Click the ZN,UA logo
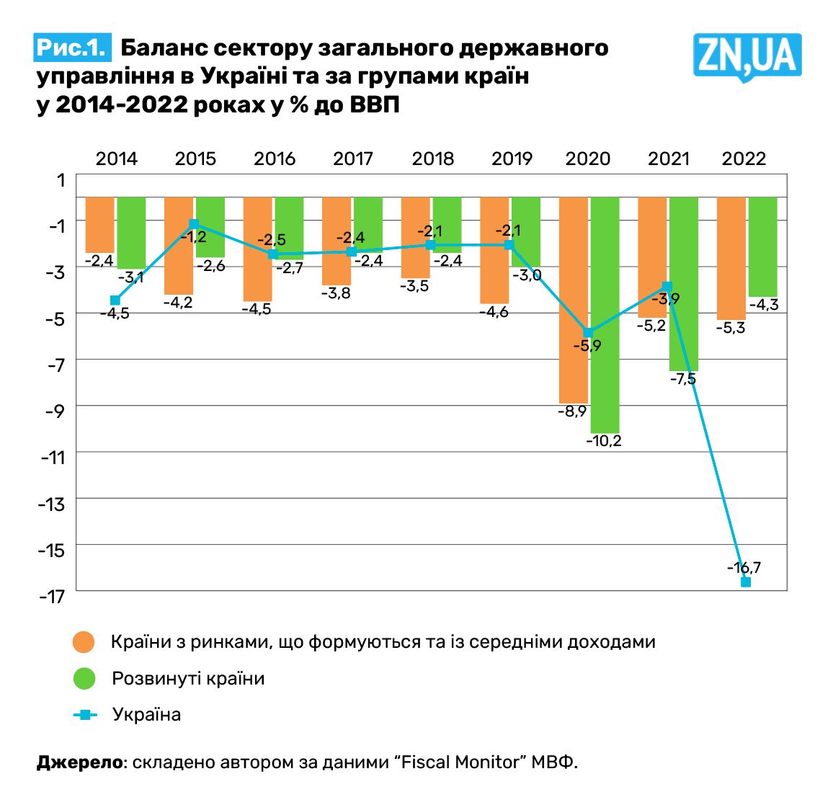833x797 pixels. pos(747,55)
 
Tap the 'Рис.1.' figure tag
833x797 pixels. pos(73,48)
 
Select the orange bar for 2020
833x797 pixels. pos(574,299)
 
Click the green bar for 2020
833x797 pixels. pos(605,314)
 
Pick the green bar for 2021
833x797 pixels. pos(684,283)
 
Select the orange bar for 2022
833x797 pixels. pos(731,257)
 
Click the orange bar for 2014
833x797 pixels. pos(100,224)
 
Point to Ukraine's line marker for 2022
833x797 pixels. pos(746,582)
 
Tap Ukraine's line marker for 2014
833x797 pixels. pos(115,300)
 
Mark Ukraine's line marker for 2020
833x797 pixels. pos(589,332)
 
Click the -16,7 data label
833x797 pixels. pos(744,567)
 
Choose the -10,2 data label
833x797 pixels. pos(604,441)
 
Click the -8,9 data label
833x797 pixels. pos(572,411)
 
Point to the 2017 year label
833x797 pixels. pos(353,159)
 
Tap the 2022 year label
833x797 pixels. pos(744,159)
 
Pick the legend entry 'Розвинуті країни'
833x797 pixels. pos(188,679)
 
